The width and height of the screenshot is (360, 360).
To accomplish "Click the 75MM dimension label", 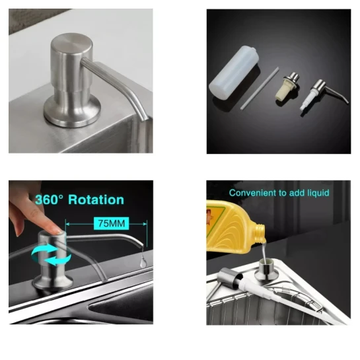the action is [x=112, y=223].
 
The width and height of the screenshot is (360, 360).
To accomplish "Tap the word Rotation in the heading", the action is [x=96, y=199].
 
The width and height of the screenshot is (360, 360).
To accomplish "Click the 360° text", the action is [x=49, y=199].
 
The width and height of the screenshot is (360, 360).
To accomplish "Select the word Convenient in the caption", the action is [x=252, y=193].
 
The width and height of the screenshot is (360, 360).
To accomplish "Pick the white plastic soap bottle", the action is [x=234, y=73].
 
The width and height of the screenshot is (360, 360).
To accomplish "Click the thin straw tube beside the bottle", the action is [x=260, y=88].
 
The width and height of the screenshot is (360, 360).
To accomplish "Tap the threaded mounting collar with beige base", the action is [x=287, y=86].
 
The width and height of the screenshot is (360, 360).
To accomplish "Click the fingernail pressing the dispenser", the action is [x=57, y=230].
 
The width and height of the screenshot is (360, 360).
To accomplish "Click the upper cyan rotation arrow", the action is [x=45, y=250].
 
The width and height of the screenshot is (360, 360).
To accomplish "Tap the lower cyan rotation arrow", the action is [x=57, y=260].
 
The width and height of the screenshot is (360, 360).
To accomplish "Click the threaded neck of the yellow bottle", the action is [x=260, y=233].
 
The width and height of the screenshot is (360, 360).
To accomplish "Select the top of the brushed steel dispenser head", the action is [x=71, y=43].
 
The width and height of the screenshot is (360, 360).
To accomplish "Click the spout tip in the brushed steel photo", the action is [x=144, y=118].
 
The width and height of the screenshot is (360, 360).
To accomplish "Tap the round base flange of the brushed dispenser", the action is [x=72, y=112].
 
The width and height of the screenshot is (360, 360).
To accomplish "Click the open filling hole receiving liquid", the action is [x=266, y=262].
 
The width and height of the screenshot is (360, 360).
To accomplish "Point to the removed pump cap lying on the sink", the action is [x=230, y=279].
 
